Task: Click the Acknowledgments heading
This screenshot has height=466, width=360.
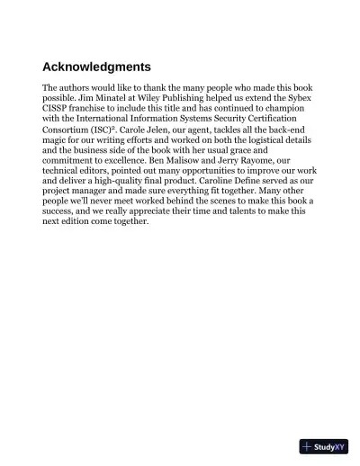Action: (x=96, y=67)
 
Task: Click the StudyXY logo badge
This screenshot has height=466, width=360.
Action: (x=323, y=446)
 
